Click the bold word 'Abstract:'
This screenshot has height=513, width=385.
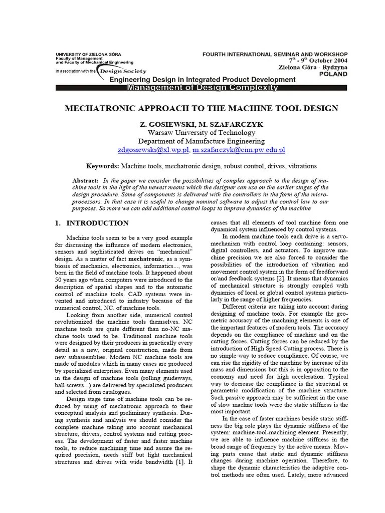(86, 180)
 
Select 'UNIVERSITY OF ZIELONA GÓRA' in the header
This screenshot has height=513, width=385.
(88, 54)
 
